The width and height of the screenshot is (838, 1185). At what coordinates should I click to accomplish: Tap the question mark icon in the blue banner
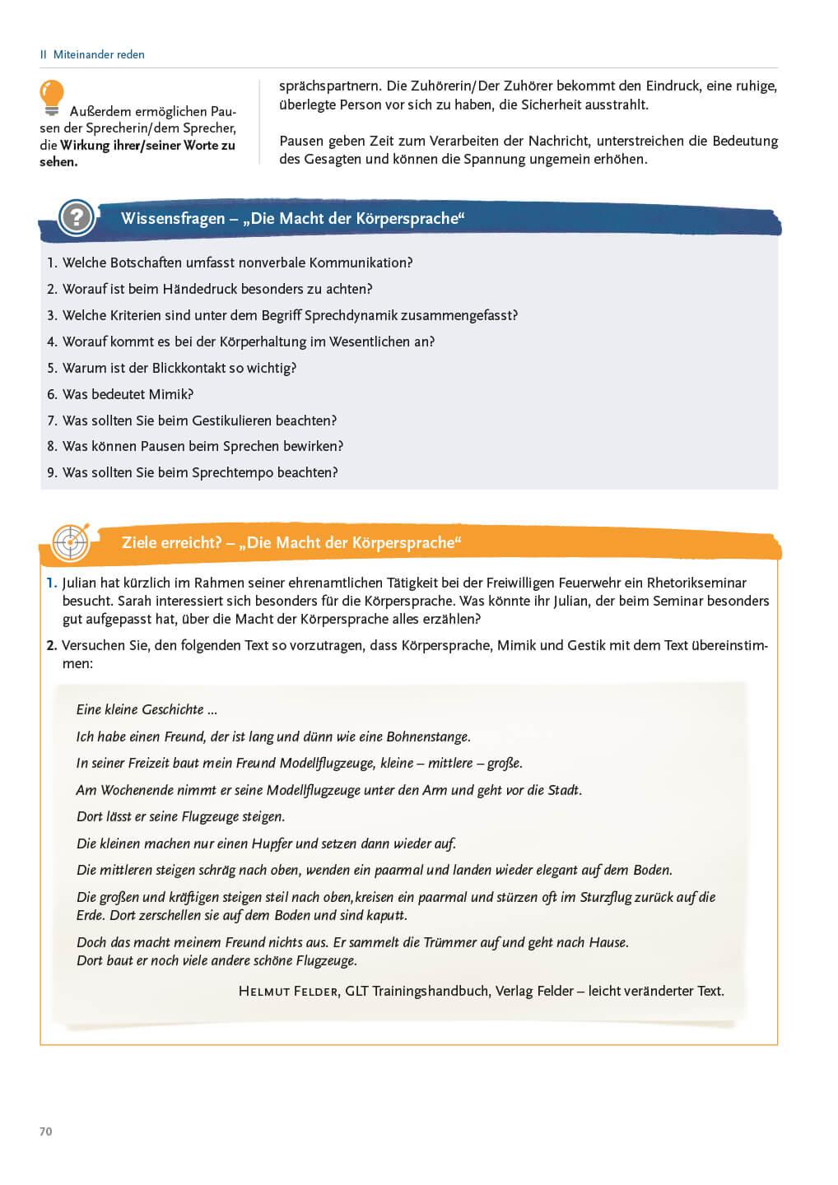77,217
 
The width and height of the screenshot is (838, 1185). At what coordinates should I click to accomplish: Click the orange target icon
71,542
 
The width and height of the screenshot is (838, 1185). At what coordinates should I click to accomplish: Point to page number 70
46,1132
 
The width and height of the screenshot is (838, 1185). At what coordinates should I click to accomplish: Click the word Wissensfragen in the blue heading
173,218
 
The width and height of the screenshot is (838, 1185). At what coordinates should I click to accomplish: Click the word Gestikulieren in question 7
231,421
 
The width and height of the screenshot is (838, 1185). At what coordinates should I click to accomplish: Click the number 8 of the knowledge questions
51,446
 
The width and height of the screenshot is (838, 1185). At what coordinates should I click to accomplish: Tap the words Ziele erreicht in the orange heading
171,542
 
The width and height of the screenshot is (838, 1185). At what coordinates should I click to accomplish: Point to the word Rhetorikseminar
696,583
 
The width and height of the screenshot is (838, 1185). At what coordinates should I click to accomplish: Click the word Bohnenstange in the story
425,737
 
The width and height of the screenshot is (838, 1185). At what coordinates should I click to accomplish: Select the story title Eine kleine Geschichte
147,709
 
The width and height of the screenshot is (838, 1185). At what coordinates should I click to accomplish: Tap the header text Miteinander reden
99,54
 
